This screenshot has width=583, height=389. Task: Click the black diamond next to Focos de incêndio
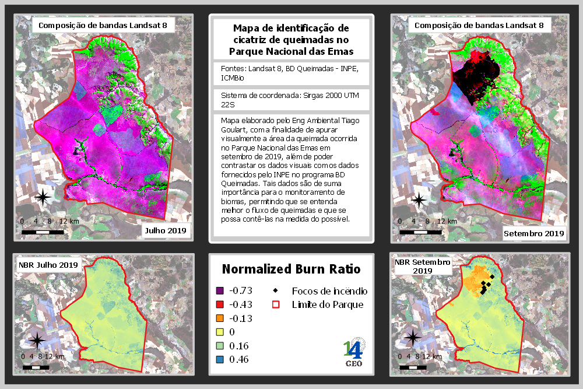tap(276, 290)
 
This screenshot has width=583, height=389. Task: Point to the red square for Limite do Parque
tap(276, 304)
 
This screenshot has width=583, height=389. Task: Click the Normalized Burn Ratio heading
tap(291, 269)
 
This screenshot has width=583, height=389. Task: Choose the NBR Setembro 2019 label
tap(422, 266)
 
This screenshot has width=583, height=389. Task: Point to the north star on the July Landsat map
tap(43, 197)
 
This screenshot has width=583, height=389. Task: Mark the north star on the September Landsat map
tap(418, 201)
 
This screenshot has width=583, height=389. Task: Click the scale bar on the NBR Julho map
tap(36, 367)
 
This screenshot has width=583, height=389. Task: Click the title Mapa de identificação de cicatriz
tap(291, 40)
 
